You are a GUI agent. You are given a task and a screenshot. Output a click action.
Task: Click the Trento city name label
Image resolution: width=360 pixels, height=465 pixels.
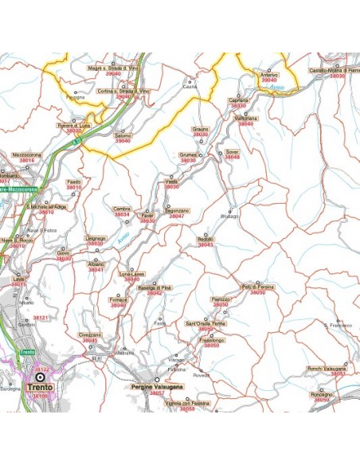(x=40, y=388)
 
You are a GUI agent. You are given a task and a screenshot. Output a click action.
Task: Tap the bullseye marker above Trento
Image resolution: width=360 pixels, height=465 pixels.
(x=40, y=377)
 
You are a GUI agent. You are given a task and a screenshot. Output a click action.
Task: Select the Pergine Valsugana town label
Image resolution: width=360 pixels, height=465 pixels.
(x=158, y=386)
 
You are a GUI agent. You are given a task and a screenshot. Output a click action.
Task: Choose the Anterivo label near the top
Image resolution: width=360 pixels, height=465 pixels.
(x=269, y=74)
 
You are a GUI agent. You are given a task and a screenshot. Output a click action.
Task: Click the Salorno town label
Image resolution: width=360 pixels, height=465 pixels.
(x=123, y=135)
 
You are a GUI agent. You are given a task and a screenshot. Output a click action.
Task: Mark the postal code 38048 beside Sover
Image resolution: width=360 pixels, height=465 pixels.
(x=232, y=157)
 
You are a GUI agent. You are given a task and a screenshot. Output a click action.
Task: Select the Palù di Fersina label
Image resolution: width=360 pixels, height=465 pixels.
(x=258, y=286)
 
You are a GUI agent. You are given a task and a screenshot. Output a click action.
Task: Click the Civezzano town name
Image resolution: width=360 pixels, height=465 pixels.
(x=90, y=335)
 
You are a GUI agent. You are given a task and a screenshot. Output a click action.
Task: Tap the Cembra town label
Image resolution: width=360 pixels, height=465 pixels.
(x=122, y=209)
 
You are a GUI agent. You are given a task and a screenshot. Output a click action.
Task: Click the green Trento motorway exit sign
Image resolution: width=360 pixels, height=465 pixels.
(x=27, y=352)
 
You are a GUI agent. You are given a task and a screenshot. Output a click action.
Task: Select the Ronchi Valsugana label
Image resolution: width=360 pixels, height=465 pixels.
(x=327, y=368)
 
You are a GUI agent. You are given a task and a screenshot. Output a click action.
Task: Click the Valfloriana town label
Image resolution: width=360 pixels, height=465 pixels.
(x=245, y=118)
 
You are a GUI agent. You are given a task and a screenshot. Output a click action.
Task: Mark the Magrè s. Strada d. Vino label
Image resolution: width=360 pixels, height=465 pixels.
(x=116, y=69)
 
